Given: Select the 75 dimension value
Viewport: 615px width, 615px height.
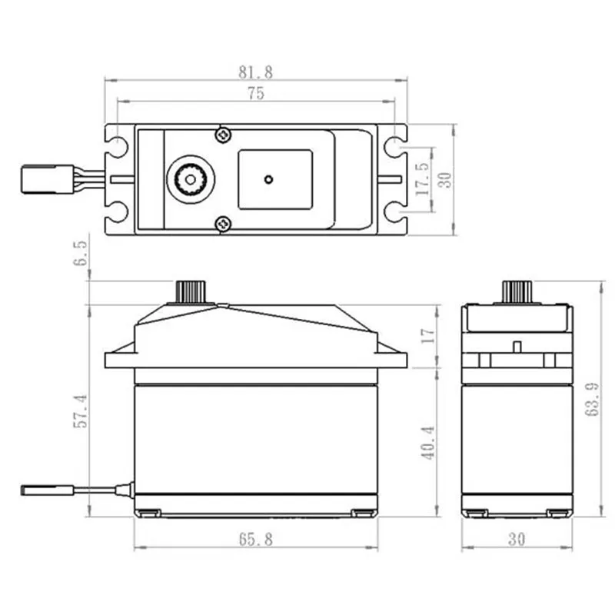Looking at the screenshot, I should (256, 94).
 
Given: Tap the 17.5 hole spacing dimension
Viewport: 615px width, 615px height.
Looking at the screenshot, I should (422, 178).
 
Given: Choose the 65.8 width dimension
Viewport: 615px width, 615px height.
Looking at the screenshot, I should (256, 540).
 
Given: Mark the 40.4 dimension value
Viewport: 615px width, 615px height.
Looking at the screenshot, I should (429, 442).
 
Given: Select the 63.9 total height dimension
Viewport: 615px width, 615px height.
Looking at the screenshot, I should (593, 401).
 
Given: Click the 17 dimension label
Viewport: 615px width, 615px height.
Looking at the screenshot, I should (429, 334).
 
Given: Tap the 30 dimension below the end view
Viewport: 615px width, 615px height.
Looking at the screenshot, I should (517, 540).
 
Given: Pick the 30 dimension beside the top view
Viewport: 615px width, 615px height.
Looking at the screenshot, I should (444, 178).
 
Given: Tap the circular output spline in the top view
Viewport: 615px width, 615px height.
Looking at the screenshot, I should (188, 179).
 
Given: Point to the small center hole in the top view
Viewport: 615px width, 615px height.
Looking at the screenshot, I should (268, 180).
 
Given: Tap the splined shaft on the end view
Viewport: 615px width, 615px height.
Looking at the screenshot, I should (517, 292).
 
